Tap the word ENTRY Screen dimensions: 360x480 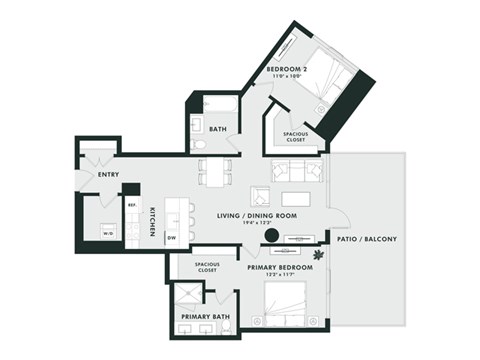(x=109, y=176)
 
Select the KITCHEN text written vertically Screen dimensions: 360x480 (x=153, y=221)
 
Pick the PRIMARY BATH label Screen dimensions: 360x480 (x=204, y=317)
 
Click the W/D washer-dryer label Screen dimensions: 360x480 (x=106, y=233)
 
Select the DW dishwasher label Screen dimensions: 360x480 (x=172, y=237)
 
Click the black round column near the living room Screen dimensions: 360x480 (x=270, y=237)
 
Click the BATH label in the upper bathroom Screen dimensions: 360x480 (x=218, y=128)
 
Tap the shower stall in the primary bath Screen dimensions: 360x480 (x=184, y=296)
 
